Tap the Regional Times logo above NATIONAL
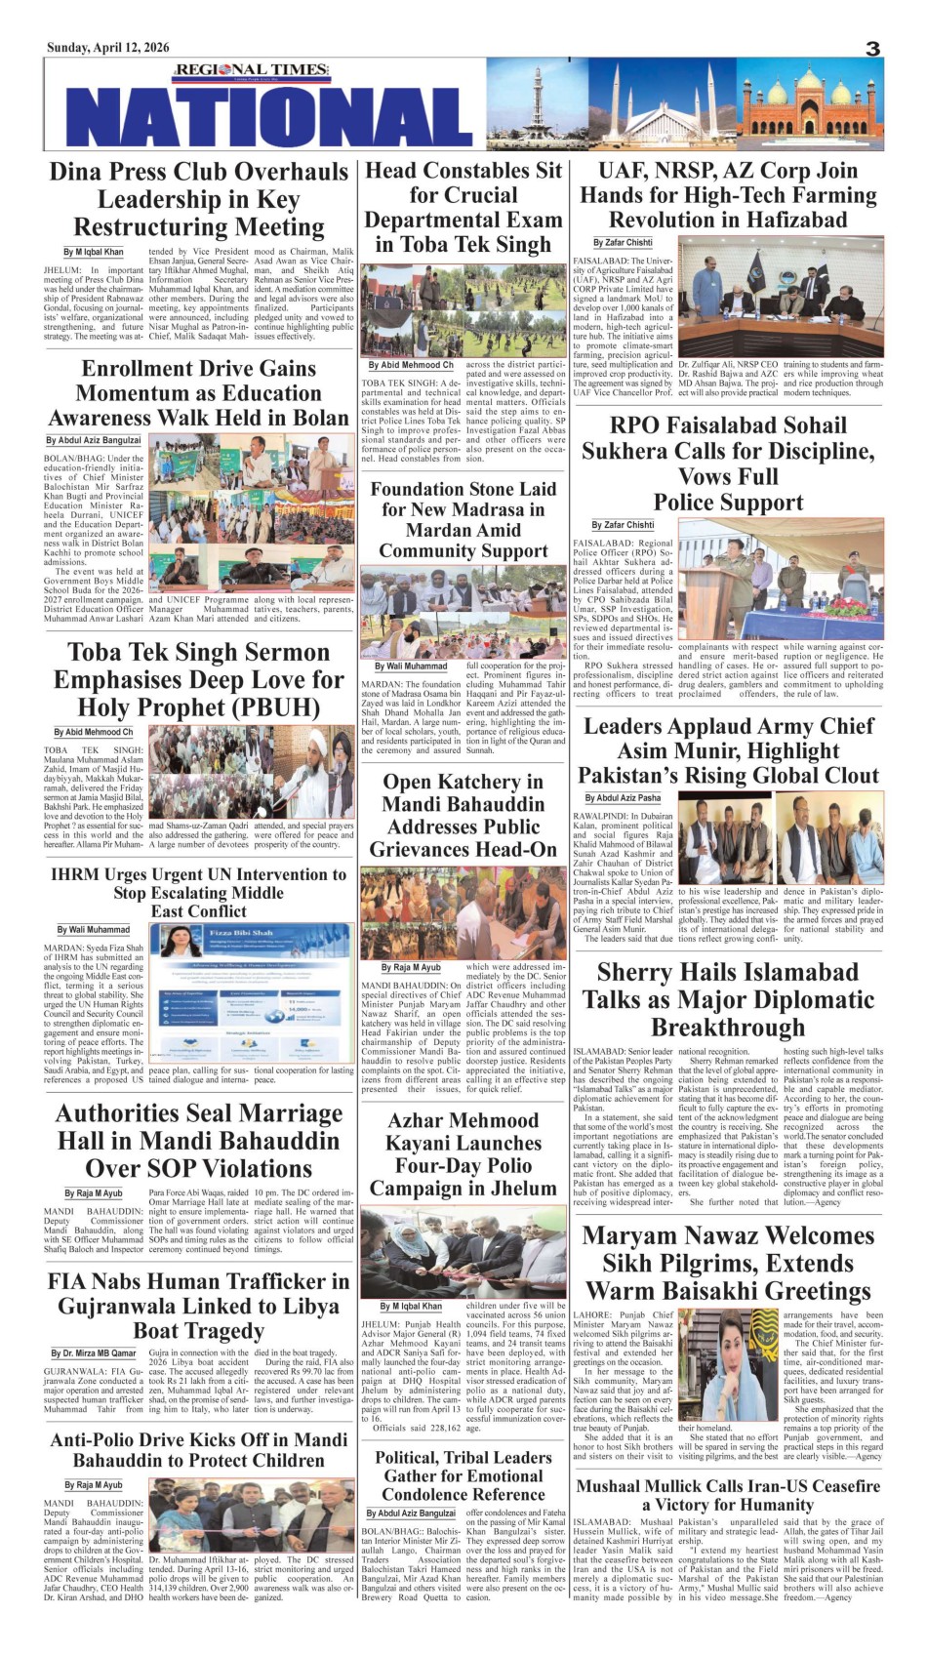click(237, 70)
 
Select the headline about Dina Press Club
click(199, 199)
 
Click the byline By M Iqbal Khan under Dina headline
click(94, 252)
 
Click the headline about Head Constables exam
click(463, 208)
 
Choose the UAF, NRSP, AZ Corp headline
click(728, 195)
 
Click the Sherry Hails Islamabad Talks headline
click(728, 999)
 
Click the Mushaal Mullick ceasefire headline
click(728, 1495)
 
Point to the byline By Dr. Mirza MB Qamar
click(94, 1353)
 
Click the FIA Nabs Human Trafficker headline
click(199, 1306)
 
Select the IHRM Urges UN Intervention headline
click(199, 892)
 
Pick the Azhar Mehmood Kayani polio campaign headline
click(463, 1154)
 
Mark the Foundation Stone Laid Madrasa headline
click(463, 519)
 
